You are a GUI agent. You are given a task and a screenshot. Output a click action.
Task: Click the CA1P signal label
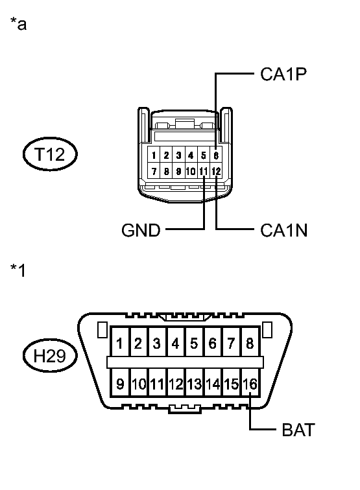click(283, 75)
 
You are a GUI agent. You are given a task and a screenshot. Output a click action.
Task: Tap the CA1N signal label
click(284, 230)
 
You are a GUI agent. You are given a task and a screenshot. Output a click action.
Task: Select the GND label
click(141, 230)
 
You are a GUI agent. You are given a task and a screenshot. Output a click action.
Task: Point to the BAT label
click(298, 430)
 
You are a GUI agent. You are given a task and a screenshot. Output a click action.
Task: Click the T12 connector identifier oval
click(50, 154)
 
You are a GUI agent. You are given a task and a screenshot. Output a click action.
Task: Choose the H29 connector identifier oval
click(50, 356)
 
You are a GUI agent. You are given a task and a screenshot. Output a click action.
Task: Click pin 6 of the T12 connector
click(216, 155)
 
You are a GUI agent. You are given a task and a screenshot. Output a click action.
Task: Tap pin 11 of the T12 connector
click(204, 171)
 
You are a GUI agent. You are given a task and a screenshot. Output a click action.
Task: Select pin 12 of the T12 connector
click(216, 171)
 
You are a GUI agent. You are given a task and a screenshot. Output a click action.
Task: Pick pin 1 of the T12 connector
click(154, 155)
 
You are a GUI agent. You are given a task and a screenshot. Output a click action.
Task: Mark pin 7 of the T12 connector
click(154, 171)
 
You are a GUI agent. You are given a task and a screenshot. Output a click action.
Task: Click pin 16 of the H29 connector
click(250, 384)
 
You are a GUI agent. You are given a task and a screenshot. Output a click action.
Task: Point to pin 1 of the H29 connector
click(119, 343)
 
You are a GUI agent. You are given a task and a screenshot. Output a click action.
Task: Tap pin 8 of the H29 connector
click(250, 343)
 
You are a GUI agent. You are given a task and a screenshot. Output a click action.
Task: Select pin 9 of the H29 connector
click(120, 384)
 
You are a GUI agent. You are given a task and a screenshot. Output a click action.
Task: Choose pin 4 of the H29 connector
click(176, 343)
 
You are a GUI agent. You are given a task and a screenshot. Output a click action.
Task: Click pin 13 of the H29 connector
click(194, 384)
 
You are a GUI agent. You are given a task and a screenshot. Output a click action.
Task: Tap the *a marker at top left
click(18, 24)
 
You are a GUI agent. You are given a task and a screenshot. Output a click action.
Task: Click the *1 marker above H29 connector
click(18, 270)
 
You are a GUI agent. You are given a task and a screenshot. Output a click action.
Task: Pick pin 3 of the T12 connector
click(178, 155)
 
